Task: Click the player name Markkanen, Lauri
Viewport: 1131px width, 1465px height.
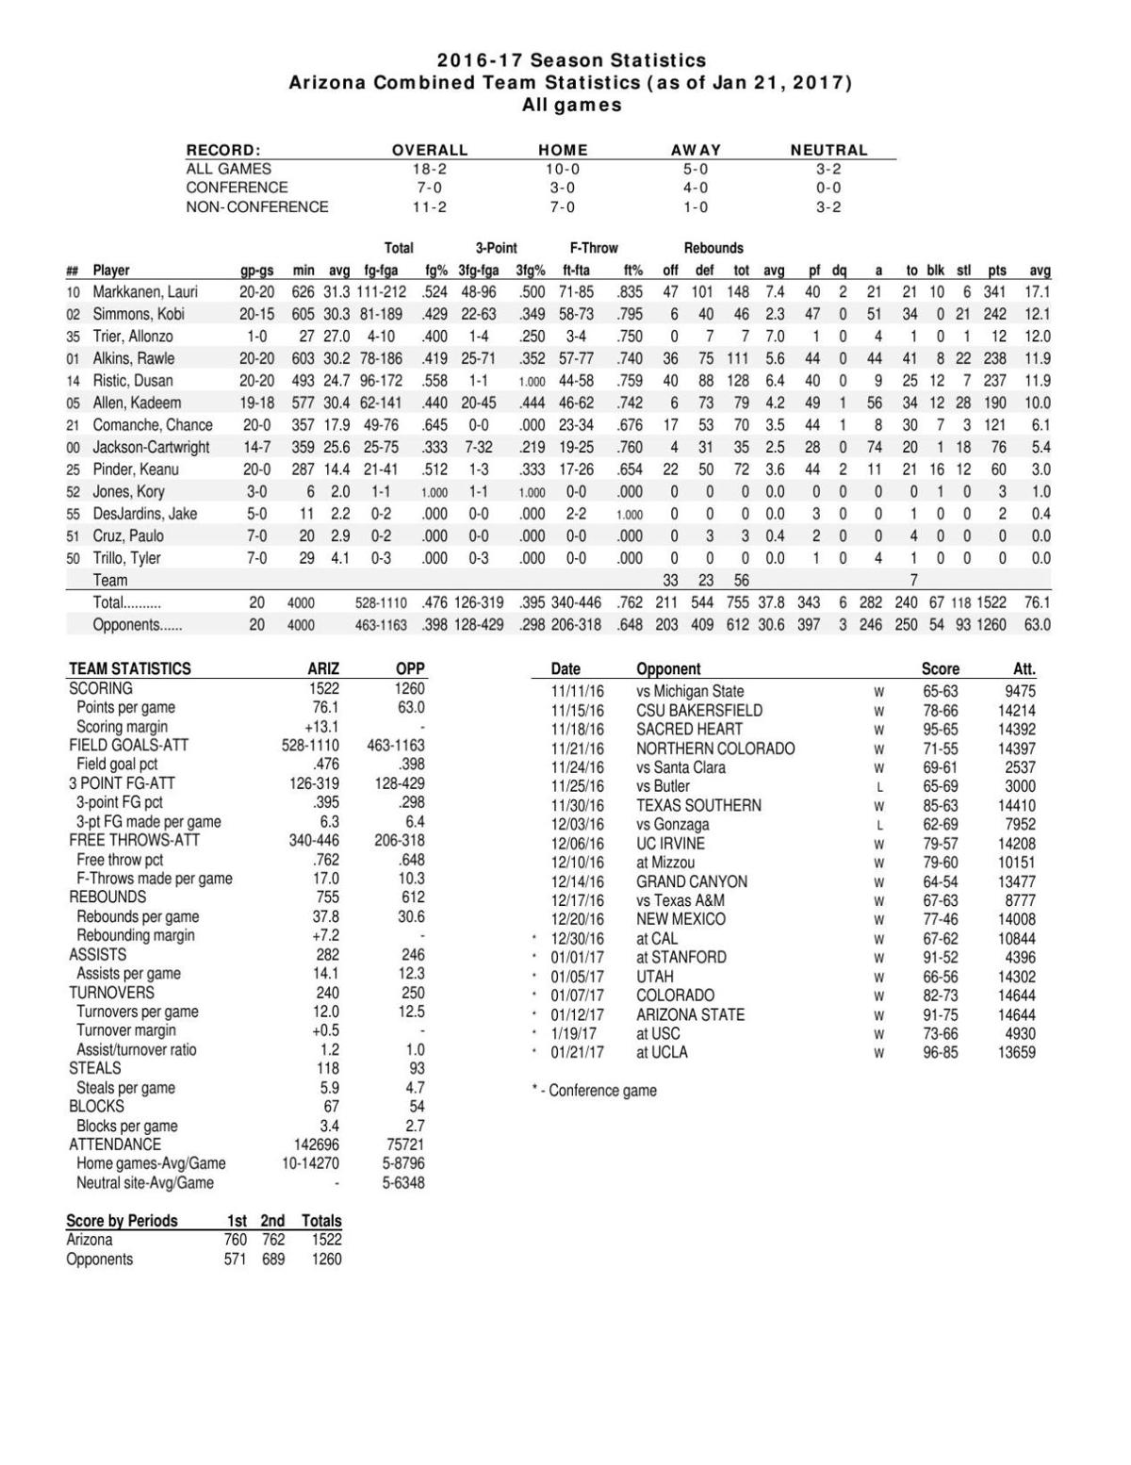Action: coord(144,292)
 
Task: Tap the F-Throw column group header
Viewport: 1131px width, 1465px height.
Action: coord(594,248)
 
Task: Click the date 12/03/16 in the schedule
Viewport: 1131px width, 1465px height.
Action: coord(577,824)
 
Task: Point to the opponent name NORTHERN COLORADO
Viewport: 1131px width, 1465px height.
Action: coord(715,749)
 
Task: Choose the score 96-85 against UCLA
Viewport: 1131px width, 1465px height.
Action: coord(940,1052)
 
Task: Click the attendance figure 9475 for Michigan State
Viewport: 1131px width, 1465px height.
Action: coord(1019,691)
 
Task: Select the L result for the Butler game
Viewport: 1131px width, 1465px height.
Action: coord(878,786)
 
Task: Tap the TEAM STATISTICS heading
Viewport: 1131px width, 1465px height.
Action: coord(129,668)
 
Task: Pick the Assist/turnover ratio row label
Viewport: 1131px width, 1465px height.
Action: coord(137,1049)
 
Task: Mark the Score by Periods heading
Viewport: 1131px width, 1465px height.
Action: coord(122,1221)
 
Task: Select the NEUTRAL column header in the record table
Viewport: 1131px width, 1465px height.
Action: coord(828,150)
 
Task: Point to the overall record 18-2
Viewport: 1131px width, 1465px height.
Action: coord(429,169)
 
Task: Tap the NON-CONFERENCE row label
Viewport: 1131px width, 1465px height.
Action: coord(257,206)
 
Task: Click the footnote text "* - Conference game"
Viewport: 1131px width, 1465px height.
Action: coord(594,1091)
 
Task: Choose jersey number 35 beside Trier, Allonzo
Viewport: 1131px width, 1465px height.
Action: coord(74,337)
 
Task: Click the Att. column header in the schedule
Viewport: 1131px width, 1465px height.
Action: coord(1024,668)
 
